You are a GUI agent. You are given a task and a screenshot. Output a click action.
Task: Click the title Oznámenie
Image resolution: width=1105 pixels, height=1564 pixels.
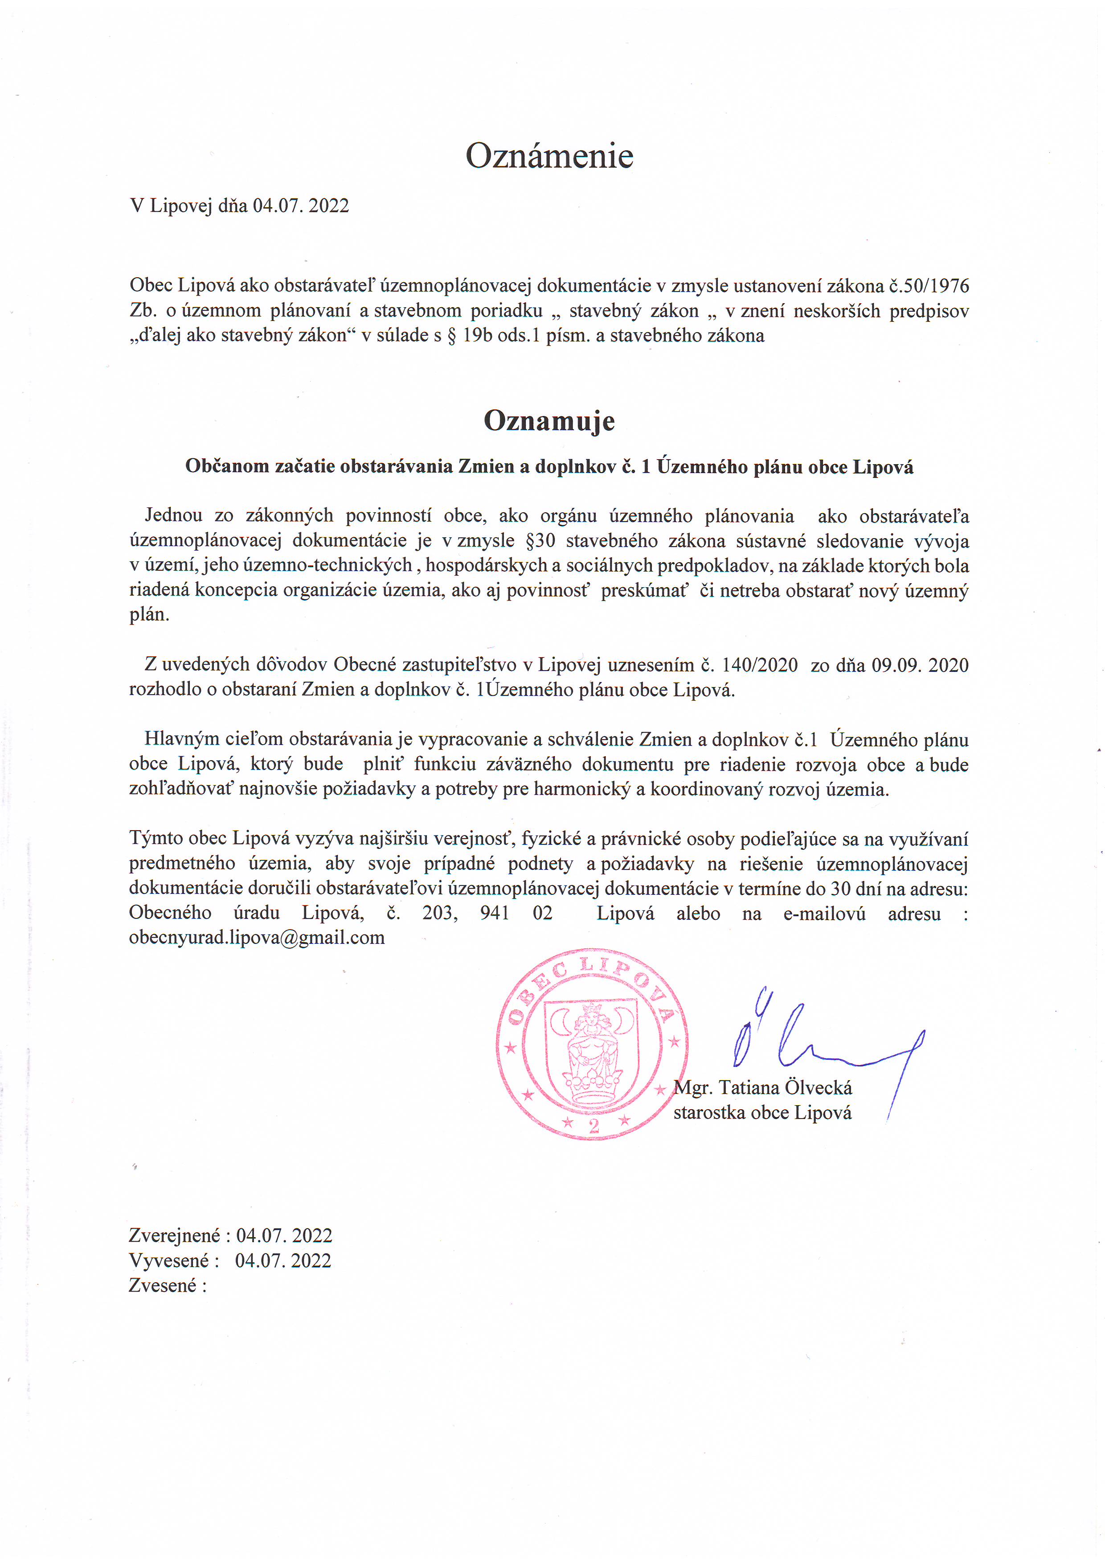click(549, 156)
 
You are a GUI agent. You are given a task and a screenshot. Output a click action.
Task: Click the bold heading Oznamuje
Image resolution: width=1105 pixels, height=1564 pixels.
click(549, 420)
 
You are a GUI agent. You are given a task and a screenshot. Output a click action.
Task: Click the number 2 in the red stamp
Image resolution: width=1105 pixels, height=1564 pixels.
click(593, 1126)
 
